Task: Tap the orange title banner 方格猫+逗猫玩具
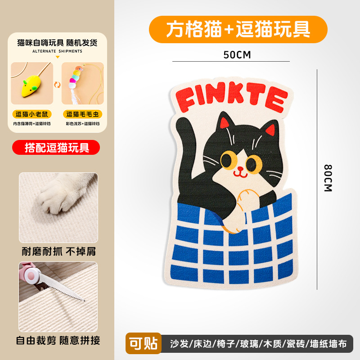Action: (x=238, y=29)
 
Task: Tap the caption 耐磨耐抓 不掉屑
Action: (x=58, y=251)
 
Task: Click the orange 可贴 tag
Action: (x=144, y=344)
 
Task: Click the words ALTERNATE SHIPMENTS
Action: (x=57, y=51)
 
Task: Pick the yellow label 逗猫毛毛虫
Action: (x=82, y=114)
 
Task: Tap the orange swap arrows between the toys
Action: (x=57, y=84)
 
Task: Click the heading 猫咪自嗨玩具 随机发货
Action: (x=57, y=43)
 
